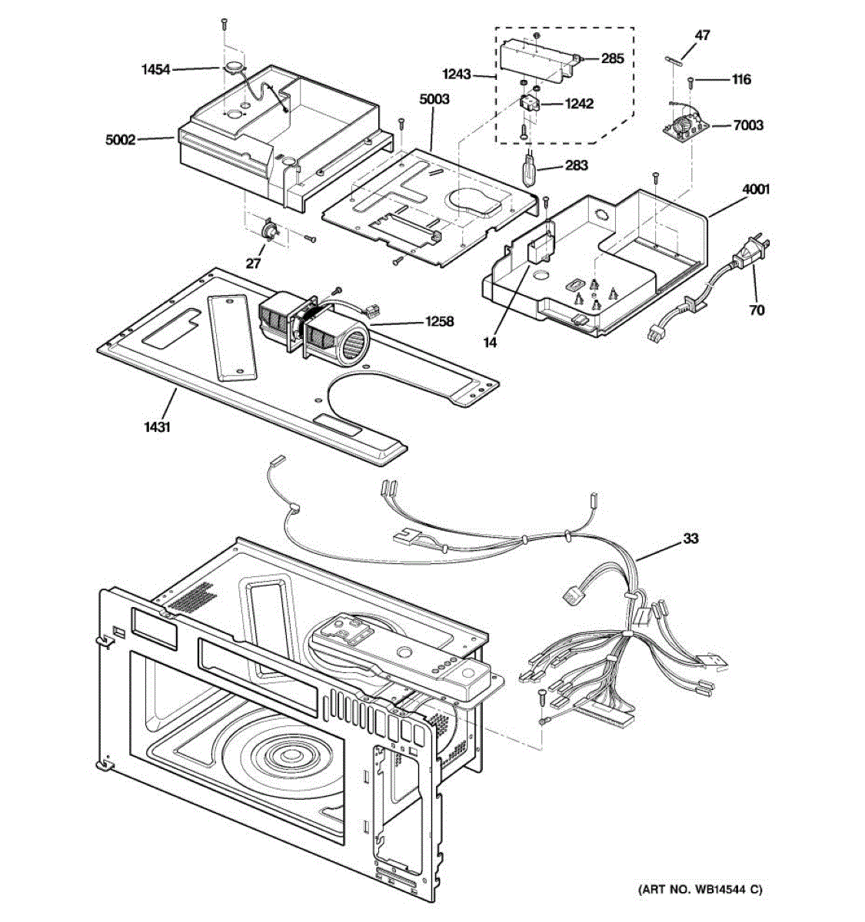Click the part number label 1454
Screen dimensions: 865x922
click(x=156, y=70)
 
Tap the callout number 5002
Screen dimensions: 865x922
click(x=121, y=140)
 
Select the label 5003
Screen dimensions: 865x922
click(x=434, y=99)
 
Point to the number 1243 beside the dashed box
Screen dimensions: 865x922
click(x=457, y=74)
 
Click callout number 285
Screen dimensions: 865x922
click(x=613, y=58)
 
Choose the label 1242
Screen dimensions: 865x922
click(x=579, y=103)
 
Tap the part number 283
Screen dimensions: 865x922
click(x=577, y=165)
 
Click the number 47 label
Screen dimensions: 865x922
click(x=702, y=35)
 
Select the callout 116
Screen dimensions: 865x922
click(x=741, y=80)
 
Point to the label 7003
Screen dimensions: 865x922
click(x=748, y=125)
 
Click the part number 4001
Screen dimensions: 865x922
click(x=756, y=190)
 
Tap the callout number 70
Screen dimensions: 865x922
click(x=757, y=310)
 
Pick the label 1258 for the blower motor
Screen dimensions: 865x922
click(x=439, y=321)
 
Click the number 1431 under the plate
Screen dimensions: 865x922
click(x=157, y=426)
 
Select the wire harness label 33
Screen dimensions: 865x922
click(x=690, y=539)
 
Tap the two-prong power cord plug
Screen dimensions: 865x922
click(x=751, y=254)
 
